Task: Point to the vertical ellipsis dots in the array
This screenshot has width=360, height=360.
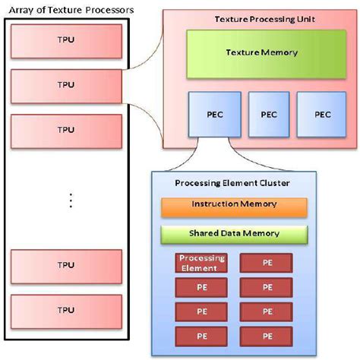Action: point(70,200)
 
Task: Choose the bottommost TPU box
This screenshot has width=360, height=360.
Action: point(67,309)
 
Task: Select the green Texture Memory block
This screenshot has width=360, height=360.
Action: point(262,53)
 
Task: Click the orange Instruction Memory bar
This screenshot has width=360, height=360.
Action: point(234,205)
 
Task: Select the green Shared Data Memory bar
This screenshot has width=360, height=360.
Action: point(234,233)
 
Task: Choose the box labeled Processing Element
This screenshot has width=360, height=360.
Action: point(202,263)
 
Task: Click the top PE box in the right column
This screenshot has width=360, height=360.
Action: point(266,263)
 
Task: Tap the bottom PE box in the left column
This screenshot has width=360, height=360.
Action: point(202,336)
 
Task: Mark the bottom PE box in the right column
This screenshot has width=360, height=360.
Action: point(266,336)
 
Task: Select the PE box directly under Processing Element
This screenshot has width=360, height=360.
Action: point(202,288)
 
